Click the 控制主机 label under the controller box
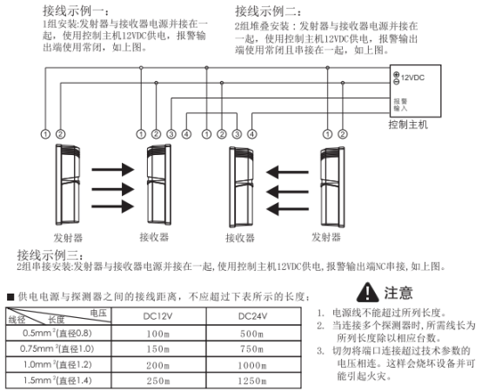click(408, 125)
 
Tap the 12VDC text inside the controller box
click(412, 78)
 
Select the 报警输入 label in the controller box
click(400, 105)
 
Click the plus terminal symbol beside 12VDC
click(396, 75)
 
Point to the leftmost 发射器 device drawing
click(68, 184)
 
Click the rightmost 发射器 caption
click(326, 237)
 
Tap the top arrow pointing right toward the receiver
click(113, 169)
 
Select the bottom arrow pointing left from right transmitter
click(287, 209)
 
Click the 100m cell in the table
click(158, 334)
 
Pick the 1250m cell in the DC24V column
click(252, 381)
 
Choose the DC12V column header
click(157, 316)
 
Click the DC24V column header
click(252, 316)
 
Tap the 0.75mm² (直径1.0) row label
click(57, 348)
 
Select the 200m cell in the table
click(158, 365)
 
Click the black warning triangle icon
click(367, 292)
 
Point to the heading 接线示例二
click(268, 11)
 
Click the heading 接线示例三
click(50, 254)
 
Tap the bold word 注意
click(398, 293)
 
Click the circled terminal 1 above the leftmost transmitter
click(45, 134)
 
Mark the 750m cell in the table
click(252, 349)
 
